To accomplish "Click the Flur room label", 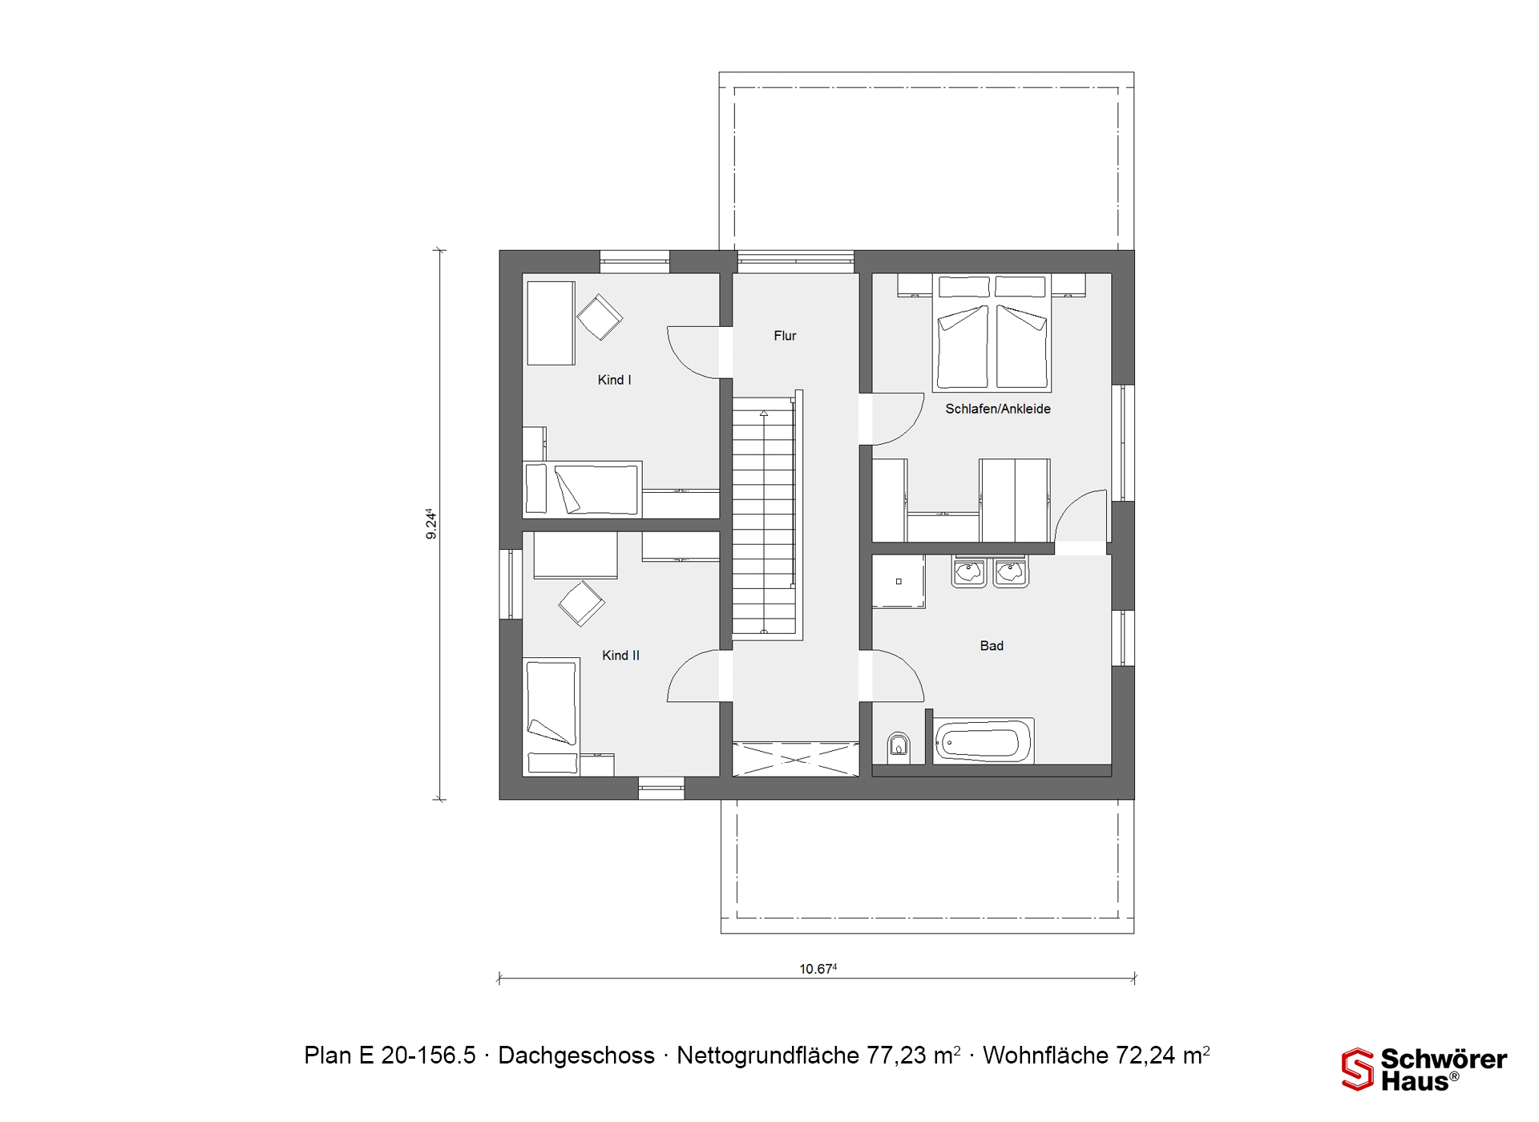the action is click(785, 336).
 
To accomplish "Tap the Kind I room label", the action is click(614, 380).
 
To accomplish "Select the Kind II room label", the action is click(620, 656).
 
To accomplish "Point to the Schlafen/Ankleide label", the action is click(997, 409).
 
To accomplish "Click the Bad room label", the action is click(992, 646).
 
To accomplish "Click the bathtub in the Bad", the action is click(984, 740).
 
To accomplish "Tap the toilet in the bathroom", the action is click(899, 747).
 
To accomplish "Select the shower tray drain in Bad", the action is click(899, 582).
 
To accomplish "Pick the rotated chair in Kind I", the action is click(600, 317).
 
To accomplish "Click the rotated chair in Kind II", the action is click(581, 603).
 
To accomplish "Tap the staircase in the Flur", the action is click(767, 515).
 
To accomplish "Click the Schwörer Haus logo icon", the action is click(1358, 1069).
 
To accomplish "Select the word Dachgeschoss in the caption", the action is click(576, 1055).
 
